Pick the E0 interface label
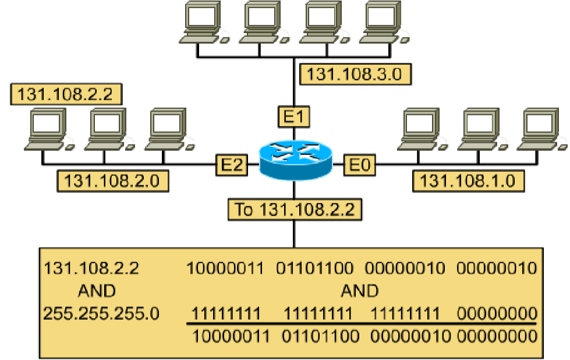tap(359, 165)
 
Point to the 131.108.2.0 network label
tap(113, 181)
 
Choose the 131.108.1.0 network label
tap(468, 181)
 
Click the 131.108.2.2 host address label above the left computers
tap(65, 94)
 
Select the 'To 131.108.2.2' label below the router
tap(295, 209)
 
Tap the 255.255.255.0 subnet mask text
tap(101, 313)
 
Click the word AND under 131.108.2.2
tap(96, 291)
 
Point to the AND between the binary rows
tap(359, 291)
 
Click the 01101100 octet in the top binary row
tap(314, 269)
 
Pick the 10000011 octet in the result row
tap(232, 336)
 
